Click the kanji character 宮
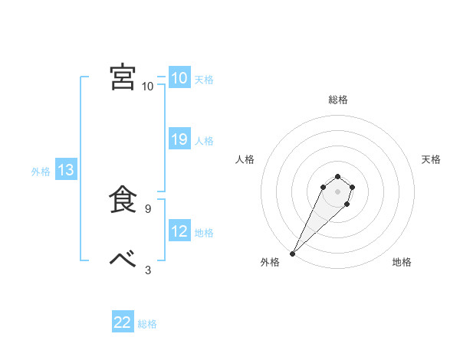pyautogui.click(x=123, y=77)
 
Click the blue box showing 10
pyautogui.click(x=179, y=77)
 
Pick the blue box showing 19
pyautogui.click(x=179, y=139)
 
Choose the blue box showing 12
pyautogui.click(x=179, y=231)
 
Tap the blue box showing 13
pyautogui.click(x=65, y=171)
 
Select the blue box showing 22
pyautogui.click(x=123, y=322)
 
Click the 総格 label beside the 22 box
pyautogui.click(x=147, y=324)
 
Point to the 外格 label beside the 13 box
pyautogui.click(x=41, y=172)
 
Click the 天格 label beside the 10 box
pyautogui.click(x=204, y=79)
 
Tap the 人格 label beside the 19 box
pyautogui.click(x=204, y=141)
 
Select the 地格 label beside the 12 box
pyautogui.click(x=204, y=233)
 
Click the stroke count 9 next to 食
pyautogui.click(x=147, y=208)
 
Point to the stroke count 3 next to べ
pyautogui.click(x=148, y=270)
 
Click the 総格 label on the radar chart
pyautogui.click(x=337, y=100)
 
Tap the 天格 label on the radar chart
pyautogui.click(x=431, y=159)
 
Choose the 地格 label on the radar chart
pyautogui.click(x=402, y=262)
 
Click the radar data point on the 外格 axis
pyautogui.click(x=292, y=254)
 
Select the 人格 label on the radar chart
pyautogui.click(x=245, y=159)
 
